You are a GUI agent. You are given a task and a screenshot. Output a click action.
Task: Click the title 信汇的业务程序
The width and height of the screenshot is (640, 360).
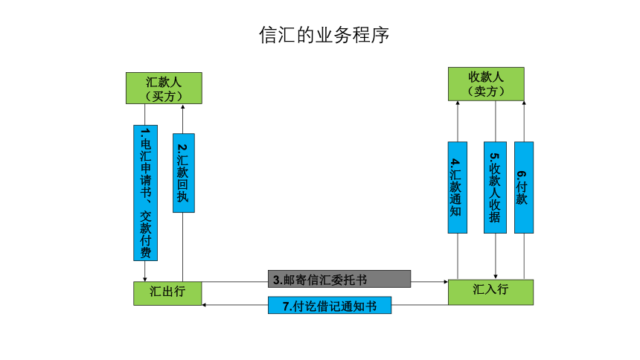coord(324,35)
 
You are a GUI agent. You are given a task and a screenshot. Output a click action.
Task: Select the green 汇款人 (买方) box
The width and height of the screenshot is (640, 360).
coord(164,89)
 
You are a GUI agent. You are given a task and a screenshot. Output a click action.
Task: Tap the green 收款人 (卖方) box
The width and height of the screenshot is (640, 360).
coord(486,84)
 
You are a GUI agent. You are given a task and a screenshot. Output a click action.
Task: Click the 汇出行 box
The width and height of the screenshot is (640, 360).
coord(167,293)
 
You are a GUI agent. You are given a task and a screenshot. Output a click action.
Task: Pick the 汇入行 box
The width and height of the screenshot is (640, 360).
coord(490,292)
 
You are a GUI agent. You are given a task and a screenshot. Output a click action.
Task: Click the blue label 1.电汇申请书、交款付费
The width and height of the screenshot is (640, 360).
coord(145,193)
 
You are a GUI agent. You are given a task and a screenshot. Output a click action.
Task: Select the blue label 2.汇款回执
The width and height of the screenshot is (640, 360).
coord(184,173)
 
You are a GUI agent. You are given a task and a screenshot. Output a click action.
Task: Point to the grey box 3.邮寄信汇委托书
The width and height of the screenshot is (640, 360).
coord(339,279)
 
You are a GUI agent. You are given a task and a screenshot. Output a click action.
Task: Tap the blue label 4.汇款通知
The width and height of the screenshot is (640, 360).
coord(458,187)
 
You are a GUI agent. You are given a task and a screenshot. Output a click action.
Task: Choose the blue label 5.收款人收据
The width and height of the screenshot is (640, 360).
coord(495,187)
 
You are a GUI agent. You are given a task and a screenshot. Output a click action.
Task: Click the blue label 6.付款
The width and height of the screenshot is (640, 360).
coord(524,187)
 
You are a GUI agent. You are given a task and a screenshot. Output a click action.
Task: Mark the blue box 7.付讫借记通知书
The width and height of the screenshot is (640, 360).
coord(330,305)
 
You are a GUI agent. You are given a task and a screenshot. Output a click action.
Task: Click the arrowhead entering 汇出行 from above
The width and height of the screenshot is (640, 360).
coord(145,279)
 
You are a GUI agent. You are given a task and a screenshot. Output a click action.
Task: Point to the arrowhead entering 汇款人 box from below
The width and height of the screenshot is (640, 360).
coord(182,107)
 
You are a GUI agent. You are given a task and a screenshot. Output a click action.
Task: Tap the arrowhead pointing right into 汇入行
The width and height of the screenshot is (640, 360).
coord(446,282)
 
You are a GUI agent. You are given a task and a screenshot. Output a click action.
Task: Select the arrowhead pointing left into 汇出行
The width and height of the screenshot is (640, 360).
coord(204,305)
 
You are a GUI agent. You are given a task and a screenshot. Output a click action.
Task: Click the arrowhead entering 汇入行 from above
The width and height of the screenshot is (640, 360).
coord(496,277)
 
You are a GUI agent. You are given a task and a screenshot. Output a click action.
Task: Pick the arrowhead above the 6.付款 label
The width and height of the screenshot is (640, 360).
coord(524,103)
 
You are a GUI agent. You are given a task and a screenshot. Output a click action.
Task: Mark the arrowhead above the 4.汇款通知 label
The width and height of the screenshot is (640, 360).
coord(458,103)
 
